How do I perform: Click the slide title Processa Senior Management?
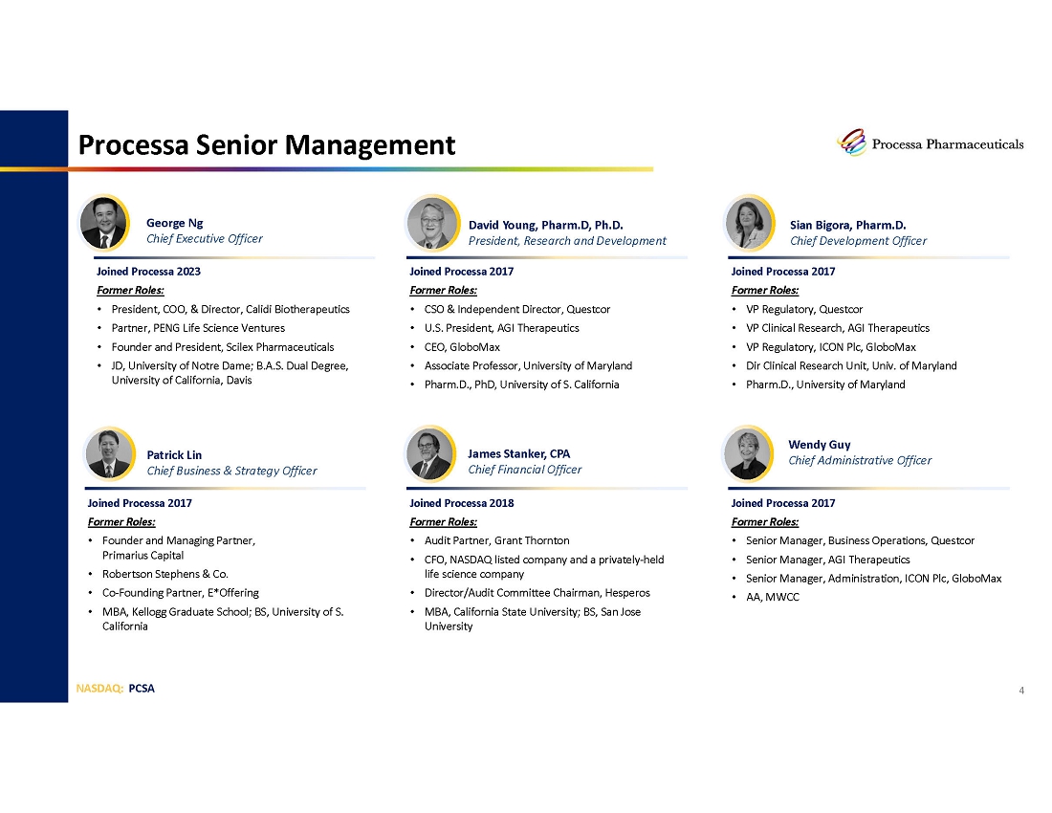(x=267, y=144)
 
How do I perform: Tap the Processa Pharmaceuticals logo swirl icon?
(x=852, y=143)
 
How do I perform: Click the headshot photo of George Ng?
(x=103, y=223)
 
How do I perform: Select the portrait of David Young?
(x=432, y=223)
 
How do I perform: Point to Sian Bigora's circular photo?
(x=750, y=223)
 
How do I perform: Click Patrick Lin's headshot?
(x=109, y=453)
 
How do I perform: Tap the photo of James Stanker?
(x=430, y=453)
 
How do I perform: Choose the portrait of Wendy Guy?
(x=748, y=453)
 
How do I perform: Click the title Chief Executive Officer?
(x=204, y=239)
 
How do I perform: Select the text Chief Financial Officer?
(x=525, y=470)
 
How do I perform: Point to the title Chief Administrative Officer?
(x=860, y=460)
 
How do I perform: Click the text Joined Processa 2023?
(x=148, y=271)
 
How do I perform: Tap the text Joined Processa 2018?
(x=462, y=503)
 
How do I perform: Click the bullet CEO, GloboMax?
(x=462, y=347)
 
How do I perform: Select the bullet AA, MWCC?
(x=772, y=597)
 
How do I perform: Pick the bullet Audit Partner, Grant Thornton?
(x=496, y=540)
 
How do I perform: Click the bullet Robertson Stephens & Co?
(x=165, y=574)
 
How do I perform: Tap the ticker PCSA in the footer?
(x=142, y=689)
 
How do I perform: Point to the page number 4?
(x=1021, y=691)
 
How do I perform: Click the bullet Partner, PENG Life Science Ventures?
(x=198, y=328)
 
